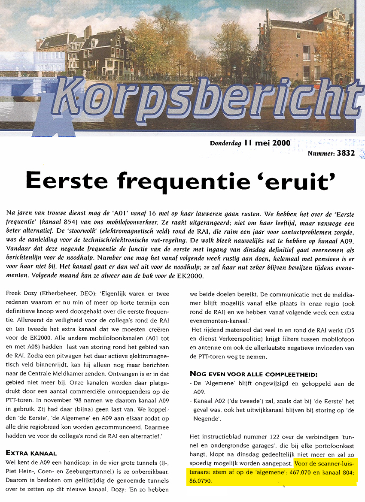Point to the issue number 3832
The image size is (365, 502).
346,153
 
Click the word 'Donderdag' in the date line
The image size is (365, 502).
226,143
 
